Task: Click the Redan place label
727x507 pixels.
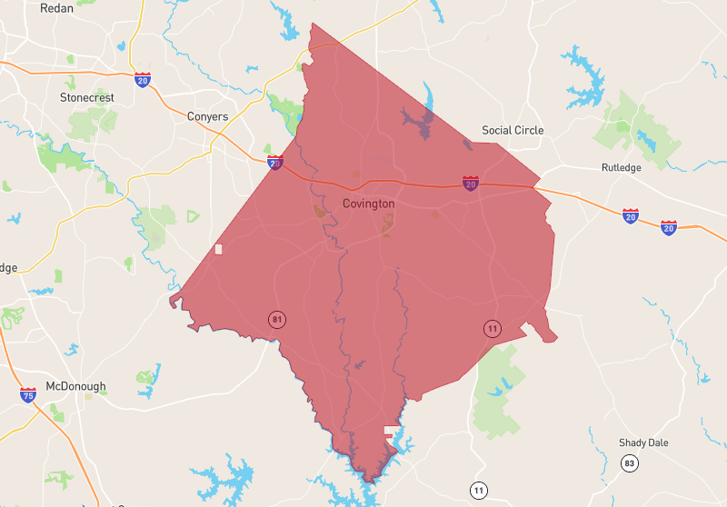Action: coord(57,8)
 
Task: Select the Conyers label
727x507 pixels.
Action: coord(207,116)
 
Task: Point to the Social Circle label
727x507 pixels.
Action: coord(513,130)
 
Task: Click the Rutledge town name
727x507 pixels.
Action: coord(621,168)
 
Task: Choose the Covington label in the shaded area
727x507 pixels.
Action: coord(368,204)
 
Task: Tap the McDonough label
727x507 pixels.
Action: coord(75,386)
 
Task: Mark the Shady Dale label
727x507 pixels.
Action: coord(643,442)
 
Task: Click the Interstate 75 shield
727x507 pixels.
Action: coord(28,395)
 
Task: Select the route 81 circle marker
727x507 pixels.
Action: coord(276,319)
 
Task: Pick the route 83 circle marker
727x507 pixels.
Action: coord(629,463)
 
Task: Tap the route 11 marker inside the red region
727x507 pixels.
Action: coord(492,329)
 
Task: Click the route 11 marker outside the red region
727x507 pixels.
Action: coord(479,492)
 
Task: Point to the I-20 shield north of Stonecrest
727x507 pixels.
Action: coord(143,80)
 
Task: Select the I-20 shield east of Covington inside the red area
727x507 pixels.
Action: coord(470,184)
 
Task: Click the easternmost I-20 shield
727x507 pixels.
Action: coord(669,226)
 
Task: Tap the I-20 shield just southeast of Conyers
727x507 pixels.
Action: coord(275,164)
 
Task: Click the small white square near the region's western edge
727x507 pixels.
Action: coord(218,249)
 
